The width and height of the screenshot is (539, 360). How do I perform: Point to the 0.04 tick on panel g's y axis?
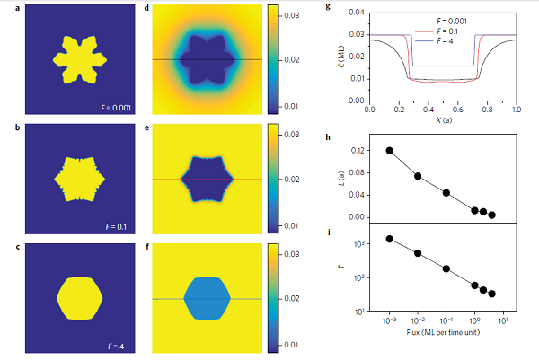357,13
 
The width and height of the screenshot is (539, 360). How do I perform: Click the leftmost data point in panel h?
389,150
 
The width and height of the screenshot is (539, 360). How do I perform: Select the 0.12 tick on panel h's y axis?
358,151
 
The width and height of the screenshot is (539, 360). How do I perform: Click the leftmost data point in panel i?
389,239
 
